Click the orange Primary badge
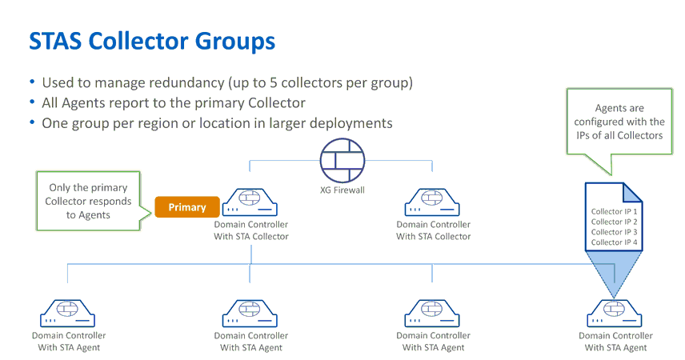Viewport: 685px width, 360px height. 187,206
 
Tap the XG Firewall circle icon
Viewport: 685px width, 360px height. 342,160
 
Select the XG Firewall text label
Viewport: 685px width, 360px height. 342,190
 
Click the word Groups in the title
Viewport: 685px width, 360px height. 235,42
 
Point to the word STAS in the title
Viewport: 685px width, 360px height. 55,41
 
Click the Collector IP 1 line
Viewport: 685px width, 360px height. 614,211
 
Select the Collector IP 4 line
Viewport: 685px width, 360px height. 614,242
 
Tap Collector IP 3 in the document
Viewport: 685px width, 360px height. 614,232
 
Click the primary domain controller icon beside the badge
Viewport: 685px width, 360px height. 250,202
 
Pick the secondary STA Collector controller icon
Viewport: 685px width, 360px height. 432,202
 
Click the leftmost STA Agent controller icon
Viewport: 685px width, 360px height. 68,314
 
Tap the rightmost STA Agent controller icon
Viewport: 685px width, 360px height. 615,314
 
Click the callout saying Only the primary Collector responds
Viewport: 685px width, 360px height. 88,201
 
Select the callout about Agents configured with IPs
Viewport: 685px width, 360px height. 619,122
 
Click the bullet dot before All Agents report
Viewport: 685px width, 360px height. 32,102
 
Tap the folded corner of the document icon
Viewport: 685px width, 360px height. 632,193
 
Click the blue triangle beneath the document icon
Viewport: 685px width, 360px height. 614,273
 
